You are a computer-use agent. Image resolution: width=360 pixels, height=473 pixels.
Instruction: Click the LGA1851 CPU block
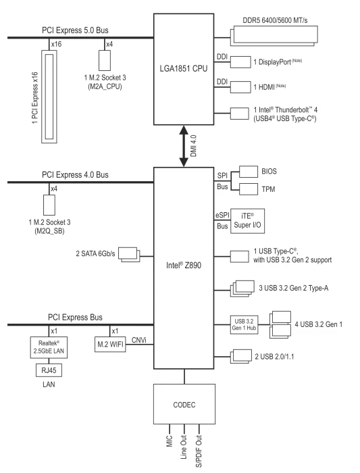click(184, 69)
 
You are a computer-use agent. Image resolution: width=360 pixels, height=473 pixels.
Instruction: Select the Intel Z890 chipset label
click(184, 265)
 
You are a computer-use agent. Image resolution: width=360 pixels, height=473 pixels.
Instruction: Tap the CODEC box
click(184, 404)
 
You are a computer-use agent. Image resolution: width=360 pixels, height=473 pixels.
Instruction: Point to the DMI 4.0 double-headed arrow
click(184, 146)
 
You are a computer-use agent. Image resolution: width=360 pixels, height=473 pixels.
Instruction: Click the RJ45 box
click(49, 370)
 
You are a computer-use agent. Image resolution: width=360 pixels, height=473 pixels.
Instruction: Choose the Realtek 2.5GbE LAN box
click(49, 347)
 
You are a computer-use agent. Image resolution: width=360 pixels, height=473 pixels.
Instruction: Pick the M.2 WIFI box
click(110, 344)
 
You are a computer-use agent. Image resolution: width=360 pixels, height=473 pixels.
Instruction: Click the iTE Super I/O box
click(247, 221)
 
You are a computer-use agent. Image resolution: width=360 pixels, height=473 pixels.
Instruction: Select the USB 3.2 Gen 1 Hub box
click(244, 324)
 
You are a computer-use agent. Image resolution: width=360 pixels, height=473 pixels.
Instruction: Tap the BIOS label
click(269, 172)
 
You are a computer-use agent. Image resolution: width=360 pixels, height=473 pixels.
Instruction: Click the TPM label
click(268, 189)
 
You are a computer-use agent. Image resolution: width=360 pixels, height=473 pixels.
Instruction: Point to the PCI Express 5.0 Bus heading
click(75, 30)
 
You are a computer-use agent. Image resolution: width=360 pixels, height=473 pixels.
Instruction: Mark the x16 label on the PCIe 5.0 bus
click(56, 44)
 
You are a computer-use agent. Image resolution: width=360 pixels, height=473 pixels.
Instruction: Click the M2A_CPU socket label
click(105, 86)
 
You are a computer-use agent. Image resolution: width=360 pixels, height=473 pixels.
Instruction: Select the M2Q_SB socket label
click(49, 231)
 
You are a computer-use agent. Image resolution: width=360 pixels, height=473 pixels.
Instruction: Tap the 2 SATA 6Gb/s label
click(95, 253)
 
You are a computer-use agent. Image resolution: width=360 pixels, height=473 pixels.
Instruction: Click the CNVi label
click(139, 340)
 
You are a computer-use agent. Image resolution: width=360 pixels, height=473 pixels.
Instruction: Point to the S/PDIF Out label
click(199, 451)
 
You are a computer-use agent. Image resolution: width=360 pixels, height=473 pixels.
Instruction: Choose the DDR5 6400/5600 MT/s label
click(275, 20)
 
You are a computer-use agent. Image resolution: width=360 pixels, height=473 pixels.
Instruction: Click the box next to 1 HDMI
click(240, 87)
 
